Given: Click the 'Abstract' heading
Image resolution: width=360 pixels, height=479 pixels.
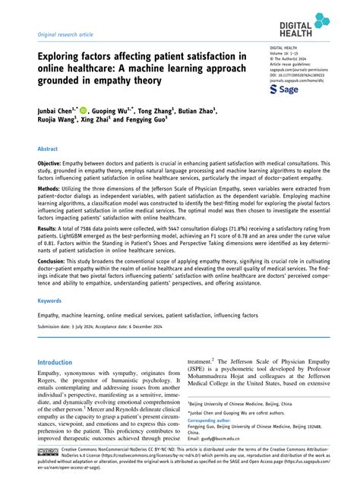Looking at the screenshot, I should [x=48, y=150].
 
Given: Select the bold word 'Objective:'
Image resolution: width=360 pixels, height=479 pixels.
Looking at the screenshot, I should [x=52, y=164].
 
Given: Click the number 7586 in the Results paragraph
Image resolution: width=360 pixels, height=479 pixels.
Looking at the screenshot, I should [x=98, y=248].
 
